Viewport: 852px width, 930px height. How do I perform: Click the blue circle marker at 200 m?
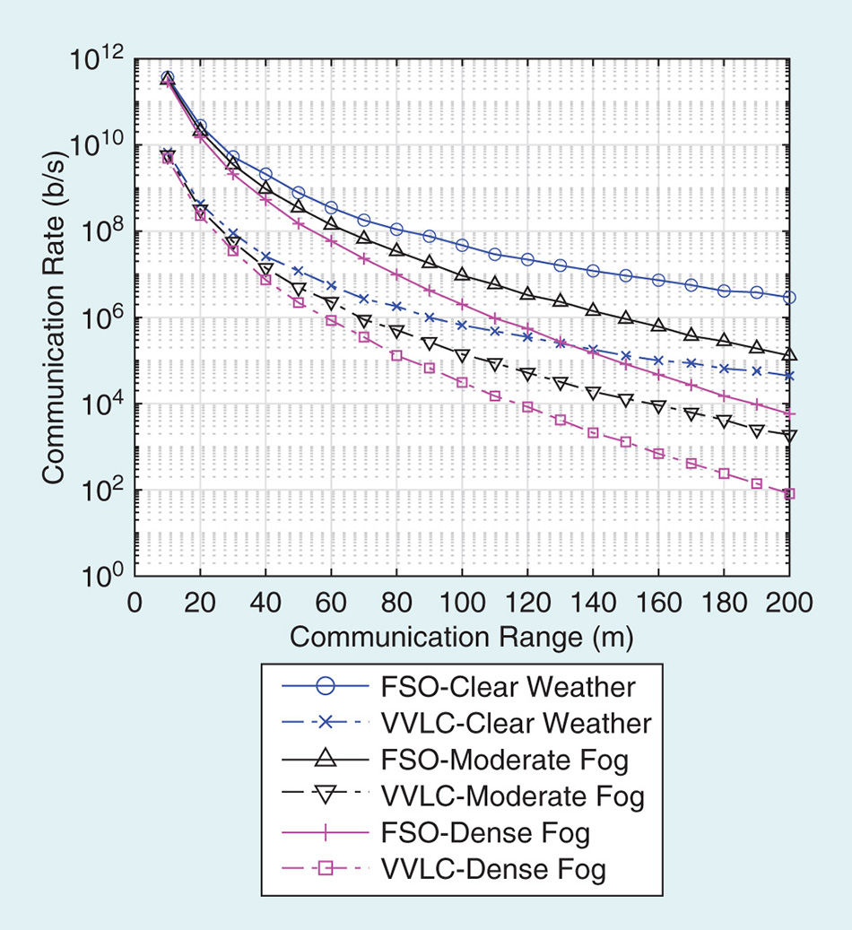(x=789, y=297)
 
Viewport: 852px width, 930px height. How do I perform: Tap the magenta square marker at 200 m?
(x=789, y=493)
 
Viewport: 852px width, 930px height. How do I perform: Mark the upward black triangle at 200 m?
(x=789, y=354)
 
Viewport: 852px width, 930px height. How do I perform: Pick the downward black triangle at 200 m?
(x=789, y=437)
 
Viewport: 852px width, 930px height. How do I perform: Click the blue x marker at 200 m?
(x=789, y=376)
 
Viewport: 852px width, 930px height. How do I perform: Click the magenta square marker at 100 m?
(x=462, y=383)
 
